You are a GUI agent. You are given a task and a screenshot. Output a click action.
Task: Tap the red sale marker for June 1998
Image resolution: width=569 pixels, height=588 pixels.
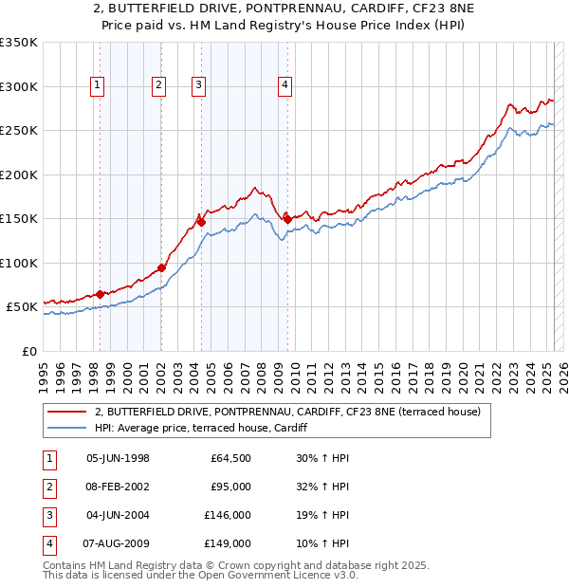tap(100, 294)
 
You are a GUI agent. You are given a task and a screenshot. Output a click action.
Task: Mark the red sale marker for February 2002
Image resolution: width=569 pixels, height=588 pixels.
tap(161, 267)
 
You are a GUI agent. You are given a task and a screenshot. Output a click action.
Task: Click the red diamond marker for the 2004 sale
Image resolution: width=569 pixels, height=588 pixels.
tap(201, 222)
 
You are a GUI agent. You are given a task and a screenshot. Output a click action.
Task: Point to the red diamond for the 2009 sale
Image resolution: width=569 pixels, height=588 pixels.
tap(287, 219)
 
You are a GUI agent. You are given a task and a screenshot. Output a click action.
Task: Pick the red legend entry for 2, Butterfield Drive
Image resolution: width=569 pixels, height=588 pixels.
tap(288, 412)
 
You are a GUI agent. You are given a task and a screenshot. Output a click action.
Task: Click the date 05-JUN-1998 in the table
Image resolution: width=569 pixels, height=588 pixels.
tap(118, 458)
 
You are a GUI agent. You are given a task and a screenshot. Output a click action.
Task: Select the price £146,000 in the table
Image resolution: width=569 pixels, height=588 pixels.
tap(228, 515)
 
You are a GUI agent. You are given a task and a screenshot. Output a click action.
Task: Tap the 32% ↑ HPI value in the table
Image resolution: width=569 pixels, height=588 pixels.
tap(322, 487)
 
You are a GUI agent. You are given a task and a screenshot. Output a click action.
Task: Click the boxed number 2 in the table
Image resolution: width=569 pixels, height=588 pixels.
tap(47, 487)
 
